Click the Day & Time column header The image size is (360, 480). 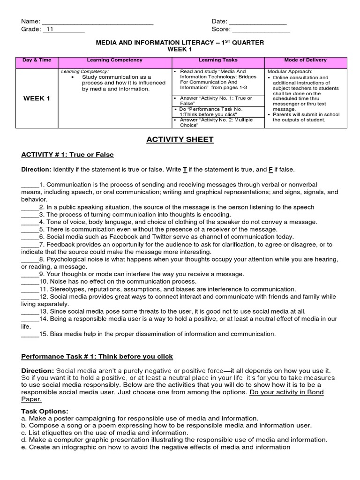[x=37, y=60]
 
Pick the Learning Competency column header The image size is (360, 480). [x=115, y=60]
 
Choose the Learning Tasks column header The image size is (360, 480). [x=218, y=60]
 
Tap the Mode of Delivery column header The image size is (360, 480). [x=306, y=60]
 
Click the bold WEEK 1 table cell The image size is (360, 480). [x=37, y=98]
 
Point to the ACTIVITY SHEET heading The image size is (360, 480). [x=180, y=139]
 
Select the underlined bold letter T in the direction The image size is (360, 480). [x=185, y=169]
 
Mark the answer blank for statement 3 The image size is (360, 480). [x=30, y=214]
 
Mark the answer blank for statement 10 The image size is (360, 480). [x=30, y=282]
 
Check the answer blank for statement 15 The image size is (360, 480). [x=30, y=334]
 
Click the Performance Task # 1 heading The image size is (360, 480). [x=97, y=357]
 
